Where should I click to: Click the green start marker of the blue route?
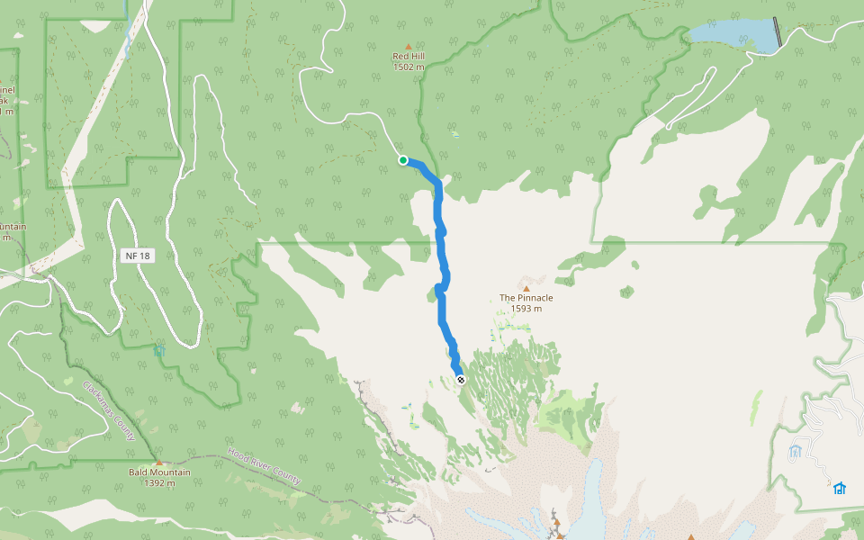pos(403,160)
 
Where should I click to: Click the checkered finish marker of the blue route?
pos(460,380)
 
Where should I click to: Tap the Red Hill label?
pos(409,57)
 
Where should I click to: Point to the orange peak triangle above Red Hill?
pos(409,46)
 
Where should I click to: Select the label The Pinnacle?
pos(526,298)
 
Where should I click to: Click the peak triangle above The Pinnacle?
pos(526,288)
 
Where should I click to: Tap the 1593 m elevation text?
pos(526,309)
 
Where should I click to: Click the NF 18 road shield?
pos(138,256)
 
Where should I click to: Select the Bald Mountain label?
pos(159,472)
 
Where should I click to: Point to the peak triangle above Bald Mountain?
pos(159,463)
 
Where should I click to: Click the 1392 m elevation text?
pos(159,483)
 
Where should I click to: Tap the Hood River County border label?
pos(264,466)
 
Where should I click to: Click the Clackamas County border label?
pos(109,410)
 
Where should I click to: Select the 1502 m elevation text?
pos(409,67)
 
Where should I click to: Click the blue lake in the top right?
pos(733,35)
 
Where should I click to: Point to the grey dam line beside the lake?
pos(778,32)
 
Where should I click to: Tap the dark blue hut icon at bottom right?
pos(839,488)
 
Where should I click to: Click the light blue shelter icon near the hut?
pos(795,450)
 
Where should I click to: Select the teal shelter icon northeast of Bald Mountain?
pos(159,350)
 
